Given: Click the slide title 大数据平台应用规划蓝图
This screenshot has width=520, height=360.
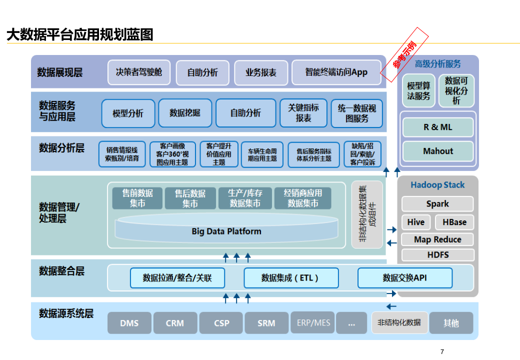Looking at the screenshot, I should click(79, 34).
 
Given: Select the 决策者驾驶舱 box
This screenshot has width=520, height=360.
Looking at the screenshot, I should click(139, 72).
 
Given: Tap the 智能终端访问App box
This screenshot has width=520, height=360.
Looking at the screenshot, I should click(336, 72).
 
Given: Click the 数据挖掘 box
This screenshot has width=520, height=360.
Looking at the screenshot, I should click(185, 113).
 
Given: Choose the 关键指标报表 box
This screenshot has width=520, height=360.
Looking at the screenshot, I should click(303, 113).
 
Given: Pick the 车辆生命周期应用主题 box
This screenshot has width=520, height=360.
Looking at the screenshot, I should click(262, 154).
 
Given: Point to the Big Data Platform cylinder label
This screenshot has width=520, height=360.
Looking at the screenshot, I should click(226, 231).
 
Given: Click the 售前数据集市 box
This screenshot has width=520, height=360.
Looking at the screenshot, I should click(137, 198).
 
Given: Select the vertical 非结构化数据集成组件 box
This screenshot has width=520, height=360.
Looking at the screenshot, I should click(366, 214).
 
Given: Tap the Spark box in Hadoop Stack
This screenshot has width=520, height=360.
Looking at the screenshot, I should click(437, 204).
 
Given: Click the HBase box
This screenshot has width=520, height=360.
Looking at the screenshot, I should click(454, 222).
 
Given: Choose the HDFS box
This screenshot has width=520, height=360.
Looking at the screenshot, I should click(438, 255).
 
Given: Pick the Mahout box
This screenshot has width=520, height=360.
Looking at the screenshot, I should click(438, 151).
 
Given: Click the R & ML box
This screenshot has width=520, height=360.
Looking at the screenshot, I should click(438, 127).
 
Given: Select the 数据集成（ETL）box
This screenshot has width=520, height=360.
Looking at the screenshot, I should click(291, 278).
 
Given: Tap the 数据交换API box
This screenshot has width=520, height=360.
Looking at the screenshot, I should click(405, 278).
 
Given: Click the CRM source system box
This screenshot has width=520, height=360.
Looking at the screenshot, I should click(175, 323).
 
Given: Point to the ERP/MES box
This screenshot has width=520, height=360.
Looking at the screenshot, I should click(313, 323).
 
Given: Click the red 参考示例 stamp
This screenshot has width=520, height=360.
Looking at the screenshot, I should click(405, 55).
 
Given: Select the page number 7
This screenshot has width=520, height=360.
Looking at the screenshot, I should click(442, 352).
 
